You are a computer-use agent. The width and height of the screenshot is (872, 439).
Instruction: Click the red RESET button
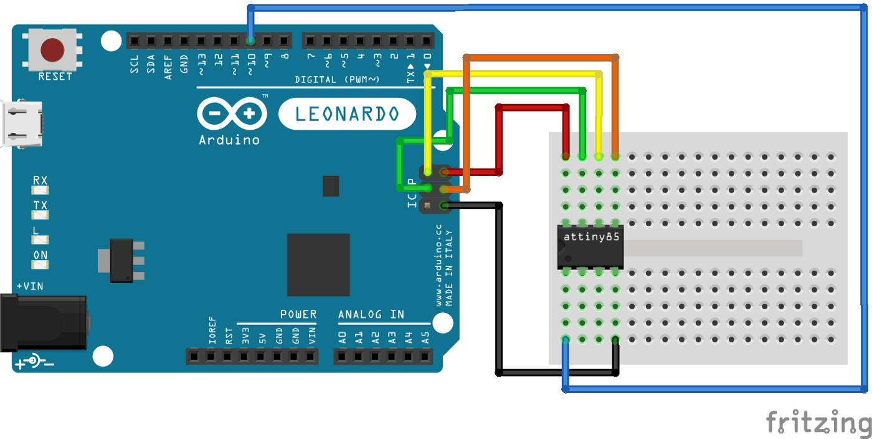(52, 50)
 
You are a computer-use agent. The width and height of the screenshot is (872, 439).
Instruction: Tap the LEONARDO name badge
(347, 114)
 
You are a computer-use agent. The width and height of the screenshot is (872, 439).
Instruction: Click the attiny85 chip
(590, 247)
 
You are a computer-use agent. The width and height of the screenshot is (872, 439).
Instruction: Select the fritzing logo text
(818, 423)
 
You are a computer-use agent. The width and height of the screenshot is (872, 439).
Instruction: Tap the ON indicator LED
(40, 264)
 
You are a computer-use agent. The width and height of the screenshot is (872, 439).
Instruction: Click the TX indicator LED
(40, 215)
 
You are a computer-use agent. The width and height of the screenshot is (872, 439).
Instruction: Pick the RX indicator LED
(40, 190)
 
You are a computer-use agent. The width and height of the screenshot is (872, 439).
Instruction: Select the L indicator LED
(40, 239)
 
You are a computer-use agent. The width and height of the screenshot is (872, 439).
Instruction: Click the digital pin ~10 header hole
(250, 41)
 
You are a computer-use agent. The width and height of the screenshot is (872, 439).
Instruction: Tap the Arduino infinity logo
(232, 114)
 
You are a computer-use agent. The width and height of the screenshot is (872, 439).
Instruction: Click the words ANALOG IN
(371, 314)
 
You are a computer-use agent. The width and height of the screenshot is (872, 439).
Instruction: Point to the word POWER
(298, 314)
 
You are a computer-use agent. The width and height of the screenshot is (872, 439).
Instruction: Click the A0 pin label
(342, 339)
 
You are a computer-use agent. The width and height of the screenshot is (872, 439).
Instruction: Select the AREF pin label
(168, 64)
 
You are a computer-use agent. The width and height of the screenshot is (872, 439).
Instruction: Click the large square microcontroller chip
(318, 265)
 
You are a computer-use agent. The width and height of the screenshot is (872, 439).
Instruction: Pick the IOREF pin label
(212, 336)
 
